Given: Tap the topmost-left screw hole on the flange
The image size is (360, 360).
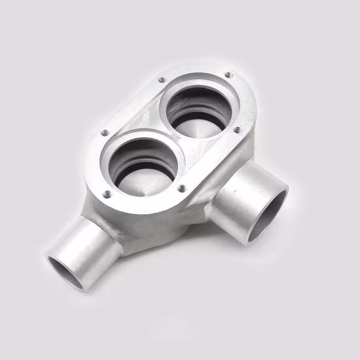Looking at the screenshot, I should (x=162, y=79).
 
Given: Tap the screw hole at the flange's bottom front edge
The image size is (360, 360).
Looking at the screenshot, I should (x=181, y=189).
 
